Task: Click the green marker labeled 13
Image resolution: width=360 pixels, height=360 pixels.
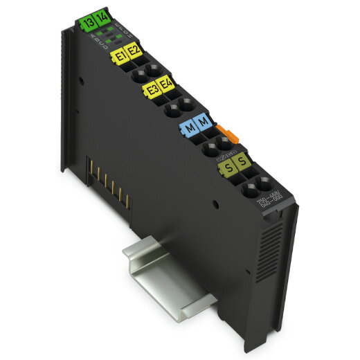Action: click(88, 23)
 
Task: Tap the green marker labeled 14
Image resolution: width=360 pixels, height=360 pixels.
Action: click(101, 19)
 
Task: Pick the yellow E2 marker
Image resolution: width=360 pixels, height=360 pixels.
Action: click(134, 53)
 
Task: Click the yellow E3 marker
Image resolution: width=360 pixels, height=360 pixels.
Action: click(152, 91)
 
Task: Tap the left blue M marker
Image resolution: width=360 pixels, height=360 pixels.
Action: click(188, 127)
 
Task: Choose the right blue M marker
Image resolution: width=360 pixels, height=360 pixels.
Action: click(203, 123)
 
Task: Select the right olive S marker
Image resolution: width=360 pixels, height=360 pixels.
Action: click(242, 163)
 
